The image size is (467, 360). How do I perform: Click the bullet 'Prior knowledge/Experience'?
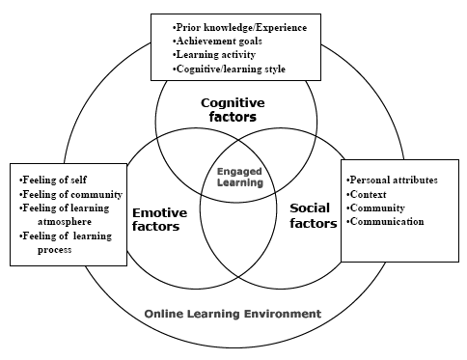click(x=239, y=28)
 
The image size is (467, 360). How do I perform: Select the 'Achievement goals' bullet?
click(x=217, y=42)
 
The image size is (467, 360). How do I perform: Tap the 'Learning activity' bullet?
click(x=214, y=55)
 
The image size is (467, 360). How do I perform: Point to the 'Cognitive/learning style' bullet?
click(x=229, y=69)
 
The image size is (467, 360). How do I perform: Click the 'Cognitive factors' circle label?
click(x=233, y=110)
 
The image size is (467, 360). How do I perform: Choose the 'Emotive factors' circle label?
click(x=159, y=219)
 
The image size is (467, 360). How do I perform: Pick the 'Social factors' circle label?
click(x=314, y=215)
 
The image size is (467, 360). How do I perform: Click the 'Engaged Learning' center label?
click(x=240, y=177)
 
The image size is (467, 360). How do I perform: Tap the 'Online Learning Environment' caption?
click(x=233, y=314)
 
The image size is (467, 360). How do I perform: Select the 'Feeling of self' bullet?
click(x=53, y=180)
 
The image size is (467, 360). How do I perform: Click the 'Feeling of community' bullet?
click(x=70, y=194)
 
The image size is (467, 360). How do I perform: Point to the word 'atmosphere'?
click(x=65, y=222)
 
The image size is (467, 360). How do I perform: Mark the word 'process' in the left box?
click(x=54, y=250)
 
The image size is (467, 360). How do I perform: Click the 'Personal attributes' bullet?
click(x=392, y=180)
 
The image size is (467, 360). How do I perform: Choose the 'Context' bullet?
click(x=367, y=194)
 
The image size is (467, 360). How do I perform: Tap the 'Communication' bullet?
click(x=385, y=221)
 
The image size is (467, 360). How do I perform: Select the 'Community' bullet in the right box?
click(x=375, y=208)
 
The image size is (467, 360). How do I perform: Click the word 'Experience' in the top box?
click(x=282, y=28)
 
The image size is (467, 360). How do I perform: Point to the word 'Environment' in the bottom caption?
click(x=283, y=314)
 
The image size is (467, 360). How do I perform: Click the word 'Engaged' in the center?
click(x=239, y=172)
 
